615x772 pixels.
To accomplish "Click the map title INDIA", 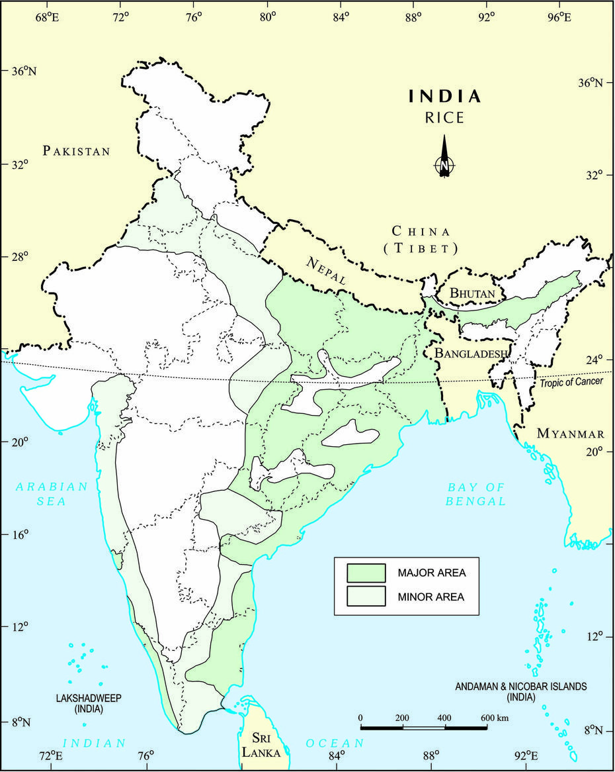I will (444, 97).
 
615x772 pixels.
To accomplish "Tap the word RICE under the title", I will (444, 119).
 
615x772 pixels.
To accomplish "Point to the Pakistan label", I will (76, 151).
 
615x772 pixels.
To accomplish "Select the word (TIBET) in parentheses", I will (421, 248).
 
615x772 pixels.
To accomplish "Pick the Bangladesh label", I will (471, 354).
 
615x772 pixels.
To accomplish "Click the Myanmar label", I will (570, 434).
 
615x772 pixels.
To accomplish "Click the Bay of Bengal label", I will (476, 494).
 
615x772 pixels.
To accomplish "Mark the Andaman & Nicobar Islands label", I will (521, 691).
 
